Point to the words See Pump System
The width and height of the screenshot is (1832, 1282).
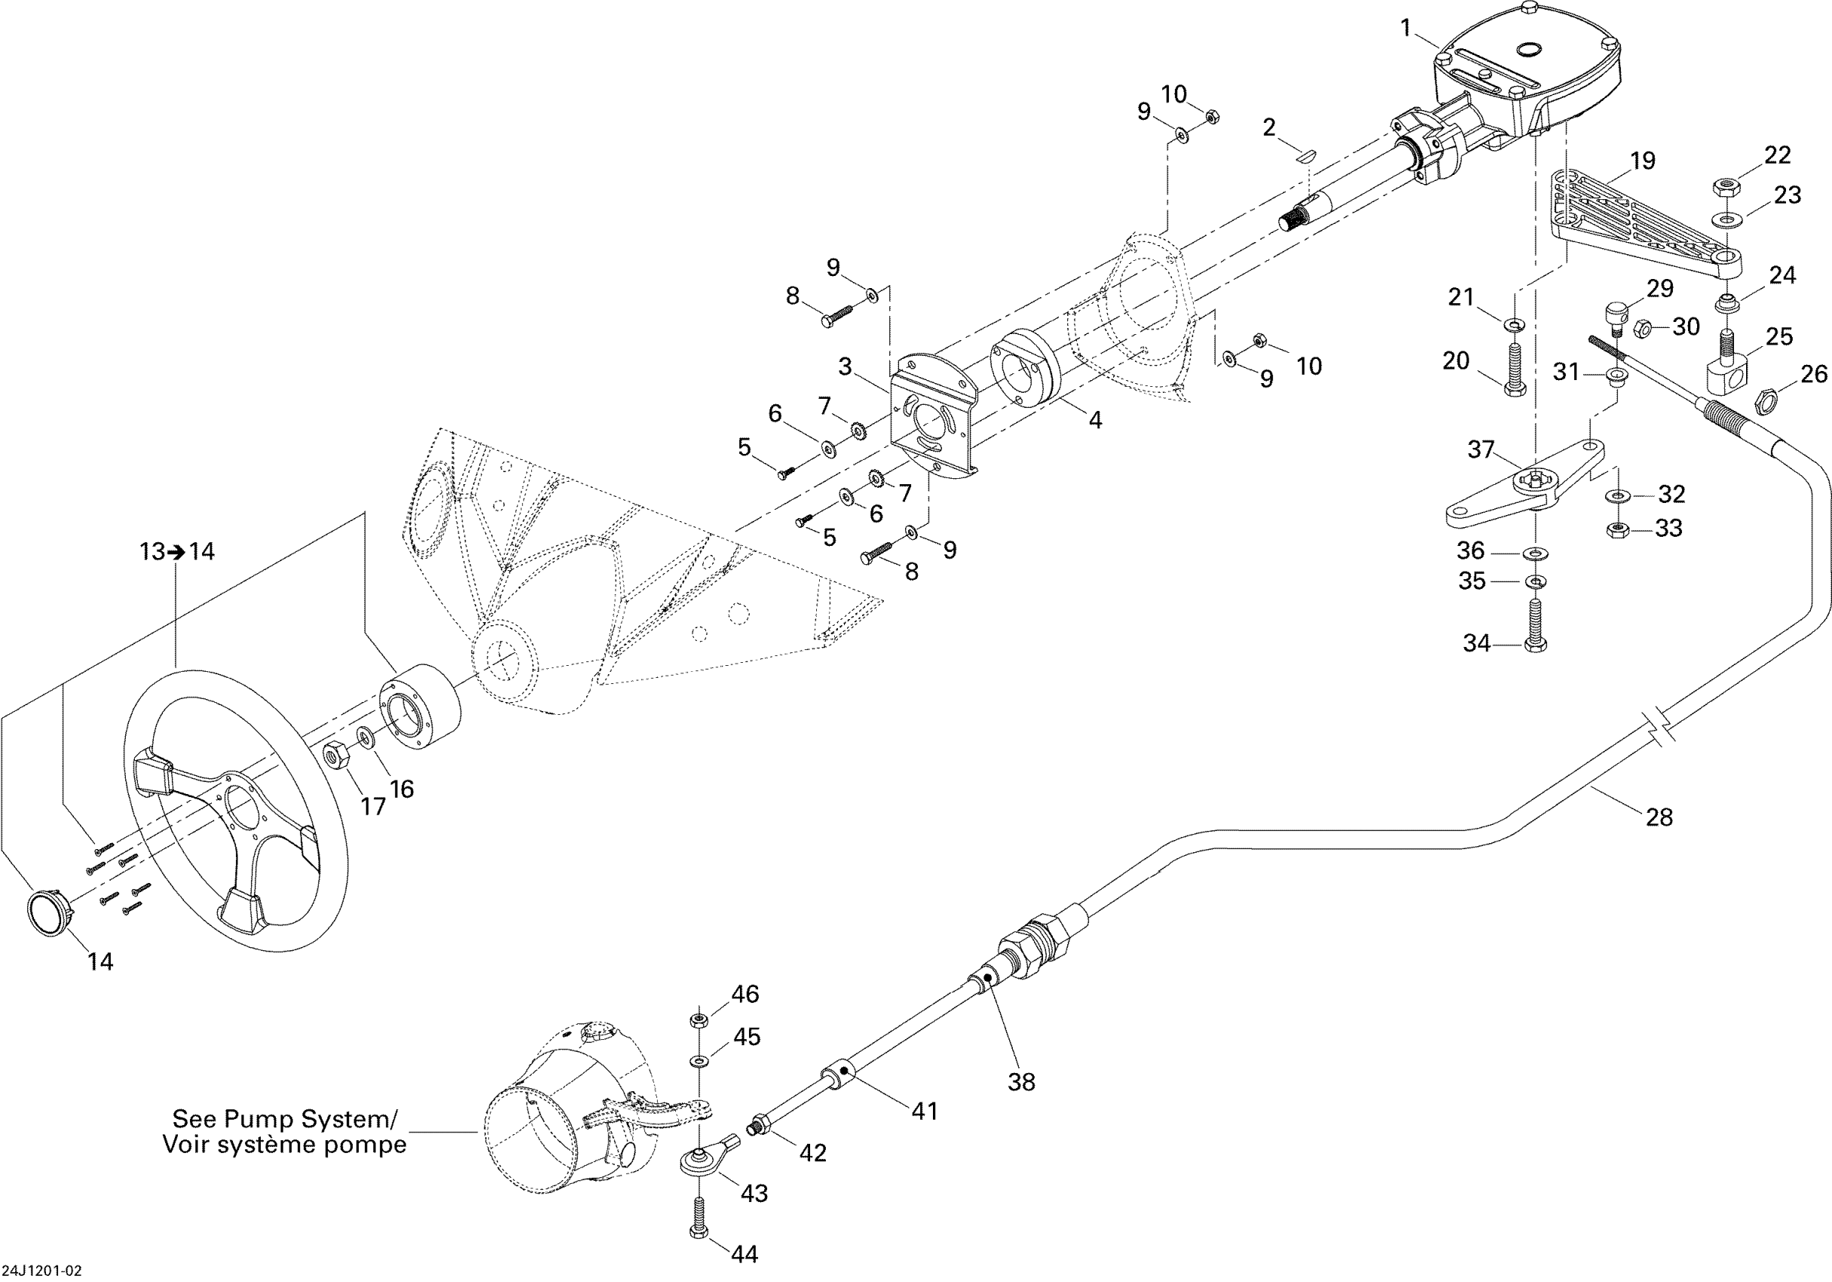click(284, 1118)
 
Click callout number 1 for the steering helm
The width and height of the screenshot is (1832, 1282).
click(1406, 29)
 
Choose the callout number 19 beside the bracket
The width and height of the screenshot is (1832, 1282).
click(1643, 161)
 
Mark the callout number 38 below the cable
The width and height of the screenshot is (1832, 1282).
click(1021, 1081)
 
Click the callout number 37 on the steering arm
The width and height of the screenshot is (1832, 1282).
click(1481, 449)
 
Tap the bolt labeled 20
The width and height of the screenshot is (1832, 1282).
click(1515, 369)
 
